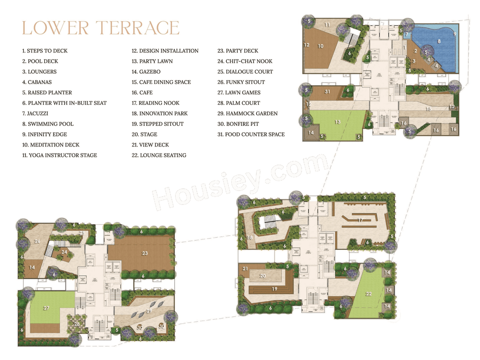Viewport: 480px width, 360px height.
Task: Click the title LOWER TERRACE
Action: click(x=100, y=28)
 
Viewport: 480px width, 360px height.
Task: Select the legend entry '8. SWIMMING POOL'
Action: click(x=48, y=124)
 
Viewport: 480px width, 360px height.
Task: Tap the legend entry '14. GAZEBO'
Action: click(x=146, y=72)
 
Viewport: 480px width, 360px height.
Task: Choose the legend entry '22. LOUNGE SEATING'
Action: click(x=159, y=155)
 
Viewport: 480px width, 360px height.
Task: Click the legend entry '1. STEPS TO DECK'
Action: click(x=45, y=51)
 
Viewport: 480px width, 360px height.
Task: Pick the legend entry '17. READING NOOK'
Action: click(x=155, y=103)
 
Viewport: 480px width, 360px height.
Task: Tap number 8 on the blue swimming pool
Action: click(x=439, y=41)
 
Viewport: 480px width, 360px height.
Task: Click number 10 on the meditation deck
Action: click(x=321, y=46)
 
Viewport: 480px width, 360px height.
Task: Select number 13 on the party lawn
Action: click(x=337, y=122)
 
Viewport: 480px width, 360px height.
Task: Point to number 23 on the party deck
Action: click(x=145, y=253)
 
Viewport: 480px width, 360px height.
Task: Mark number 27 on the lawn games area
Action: click(x=46, y=308)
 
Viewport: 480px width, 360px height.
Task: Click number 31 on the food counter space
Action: click(x=327, y=91)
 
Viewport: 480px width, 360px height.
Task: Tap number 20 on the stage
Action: click(x=263, y=276)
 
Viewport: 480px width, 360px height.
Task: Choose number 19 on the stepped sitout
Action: click(x=274, y=289)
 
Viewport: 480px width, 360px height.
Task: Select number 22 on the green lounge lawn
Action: click(x=368, y=294)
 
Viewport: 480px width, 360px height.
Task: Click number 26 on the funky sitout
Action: click(x=37, y=241)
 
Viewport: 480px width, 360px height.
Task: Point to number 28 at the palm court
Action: click(x=76, y=324)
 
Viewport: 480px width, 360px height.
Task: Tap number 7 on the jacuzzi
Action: click(x=407, y=34)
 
